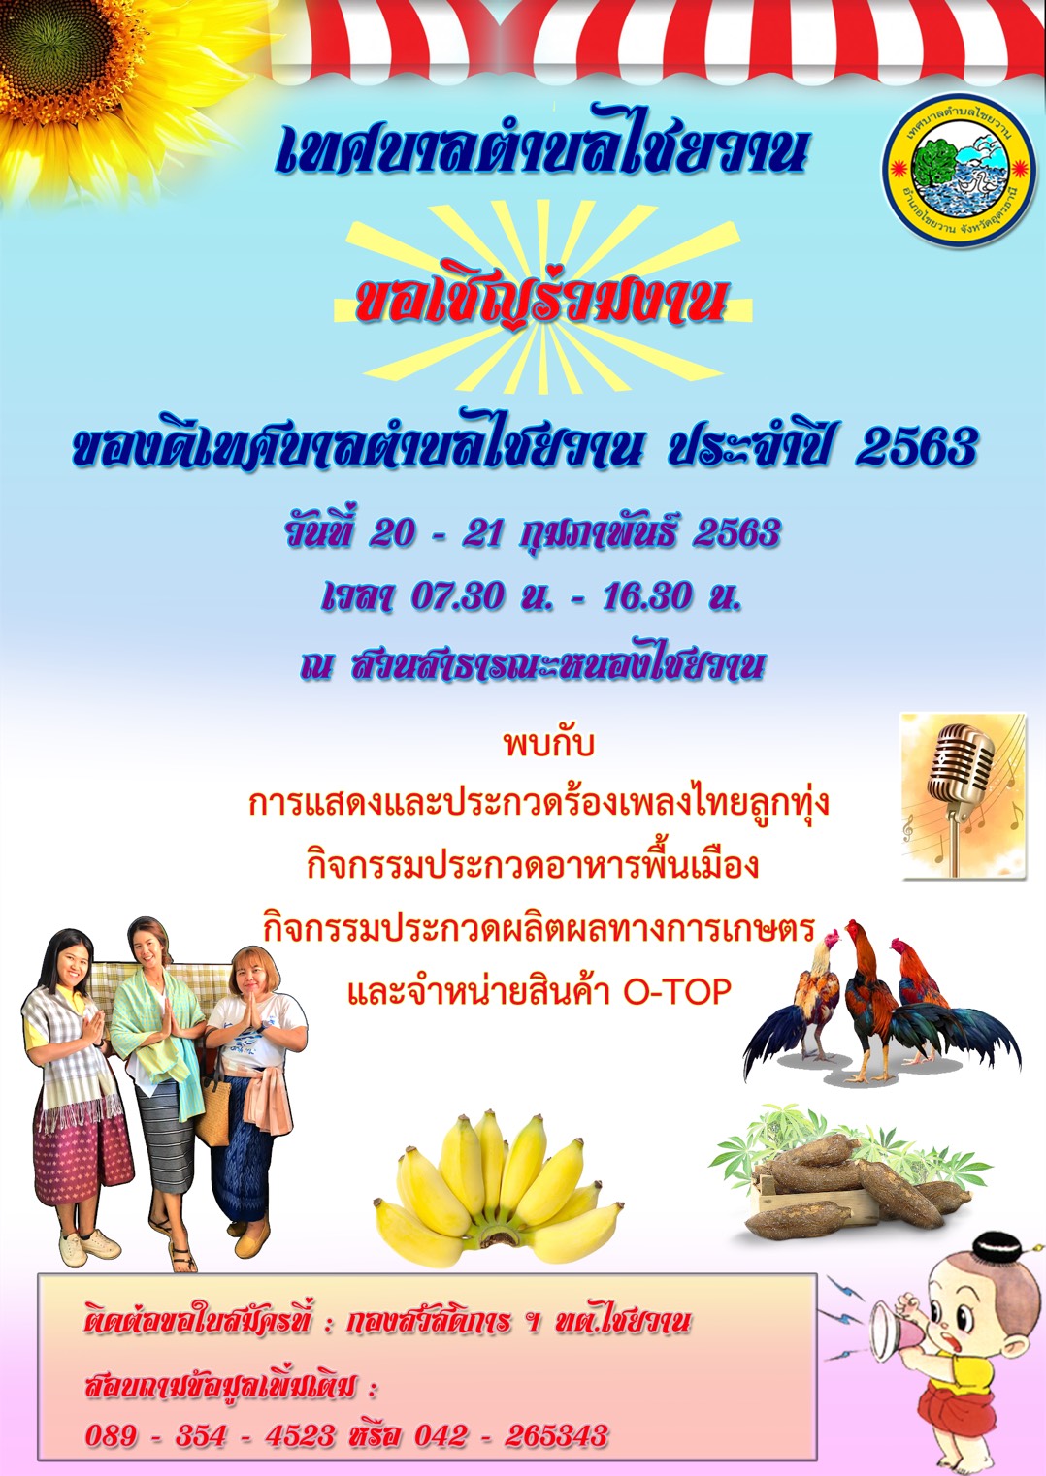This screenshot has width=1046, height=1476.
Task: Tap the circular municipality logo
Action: point(958,171)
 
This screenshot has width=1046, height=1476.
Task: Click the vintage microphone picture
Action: point(963,795)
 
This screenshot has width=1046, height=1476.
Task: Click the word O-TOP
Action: point(678,992)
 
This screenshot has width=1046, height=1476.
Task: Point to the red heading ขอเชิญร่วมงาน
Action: point(540,304)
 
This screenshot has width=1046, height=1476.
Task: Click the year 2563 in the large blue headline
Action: point(916,448)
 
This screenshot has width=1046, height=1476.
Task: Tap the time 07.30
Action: point(459,597)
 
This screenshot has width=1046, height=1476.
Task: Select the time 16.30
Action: point(648,597)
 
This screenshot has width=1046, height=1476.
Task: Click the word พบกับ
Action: point(548,745)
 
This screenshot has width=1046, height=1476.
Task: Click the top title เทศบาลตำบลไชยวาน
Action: point(540,149)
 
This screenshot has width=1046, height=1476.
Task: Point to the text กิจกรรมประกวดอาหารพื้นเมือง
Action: point(533,866)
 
